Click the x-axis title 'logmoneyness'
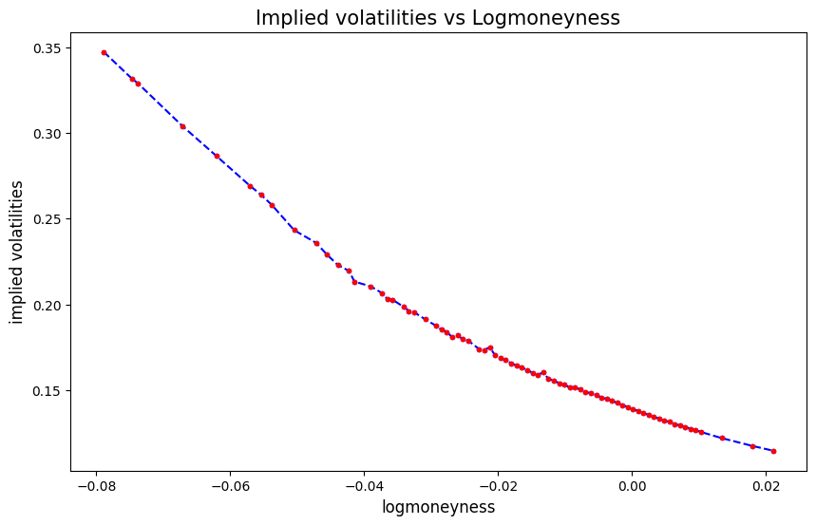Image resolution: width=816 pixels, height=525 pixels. [438, 507]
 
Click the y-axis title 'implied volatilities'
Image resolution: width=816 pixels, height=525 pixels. [17, 252]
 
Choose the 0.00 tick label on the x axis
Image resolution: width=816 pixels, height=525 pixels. [632, 485]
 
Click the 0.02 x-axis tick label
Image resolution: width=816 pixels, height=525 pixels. [766, 485]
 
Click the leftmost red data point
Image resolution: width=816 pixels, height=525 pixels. [104, 52]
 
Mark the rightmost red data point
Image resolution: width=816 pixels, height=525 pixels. [773, 451]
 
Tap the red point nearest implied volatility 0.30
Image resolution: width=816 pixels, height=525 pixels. [182, 126]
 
